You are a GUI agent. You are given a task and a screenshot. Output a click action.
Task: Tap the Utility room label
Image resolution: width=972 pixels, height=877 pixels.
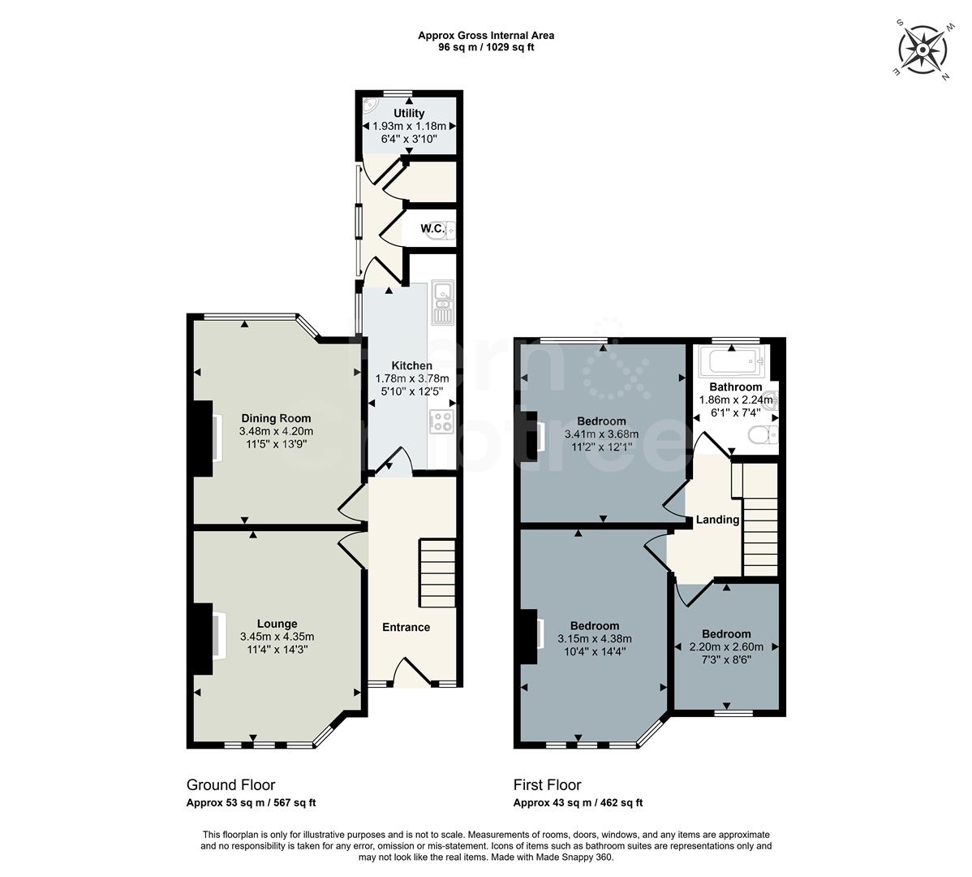(x=409, y=113)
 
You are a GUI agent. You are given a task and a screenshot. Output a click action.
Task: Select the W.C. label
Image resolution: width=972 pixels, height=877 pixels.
(x=432, y=228)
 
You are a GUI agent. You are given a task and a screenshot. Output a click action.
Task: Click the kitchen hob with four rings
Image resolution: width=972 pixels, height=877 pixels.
(x=441, y=421)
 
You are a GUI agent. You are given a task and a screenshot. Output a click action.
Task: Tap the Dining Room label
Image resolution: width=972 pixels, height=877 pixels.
(x=275, y=418)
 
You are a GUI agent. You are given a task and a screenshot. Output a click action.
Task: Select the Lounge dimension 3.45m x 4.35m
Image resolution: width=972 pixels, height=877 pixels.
(x=276, y=637)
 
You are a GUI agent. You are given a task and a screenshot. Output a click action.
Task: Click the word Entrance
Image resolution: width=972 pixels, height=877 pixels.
(x=406, y=627)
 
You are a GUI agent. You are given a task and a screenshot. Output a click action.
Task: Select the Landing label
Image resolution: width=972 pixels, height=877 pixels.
(x=718, y=520)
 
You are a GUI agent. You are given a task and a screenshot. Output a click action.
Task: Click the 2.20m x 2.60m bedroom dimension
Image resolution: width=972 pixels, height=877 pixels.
(x=725, y=647)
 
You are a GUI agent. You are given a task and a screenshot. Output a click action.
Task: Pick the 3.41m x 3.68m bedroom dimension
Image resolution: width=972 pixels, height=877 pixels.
(x=601, y=434)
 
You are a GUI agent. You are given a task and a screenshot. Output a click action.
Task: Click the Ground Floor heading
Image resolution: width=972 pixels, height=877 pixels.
(x=230, y=784)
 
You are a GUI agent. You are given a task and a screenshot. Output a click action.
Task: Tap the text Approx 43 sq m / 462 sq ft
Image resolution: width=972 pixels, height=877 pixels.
(x=578, y=803)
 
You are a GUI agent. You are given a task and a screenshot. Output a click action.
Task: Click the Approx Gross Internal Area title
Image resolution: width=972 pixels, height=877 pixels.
(x=486, y=35)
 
